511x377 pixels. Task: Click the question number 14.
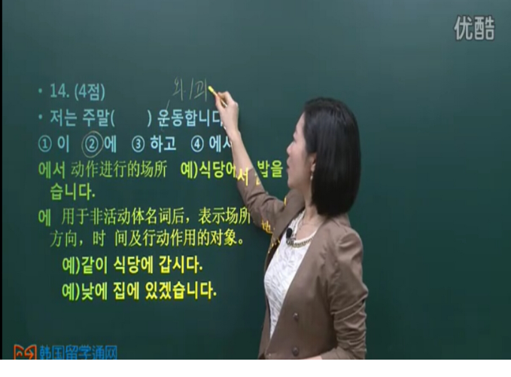click(59, 92)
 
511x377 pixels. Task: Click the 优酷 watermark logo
click(474, 28)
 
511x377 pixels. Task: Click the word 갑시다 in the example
click(186, 266)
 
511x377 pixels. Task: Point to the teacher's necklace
click(300, 240)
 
